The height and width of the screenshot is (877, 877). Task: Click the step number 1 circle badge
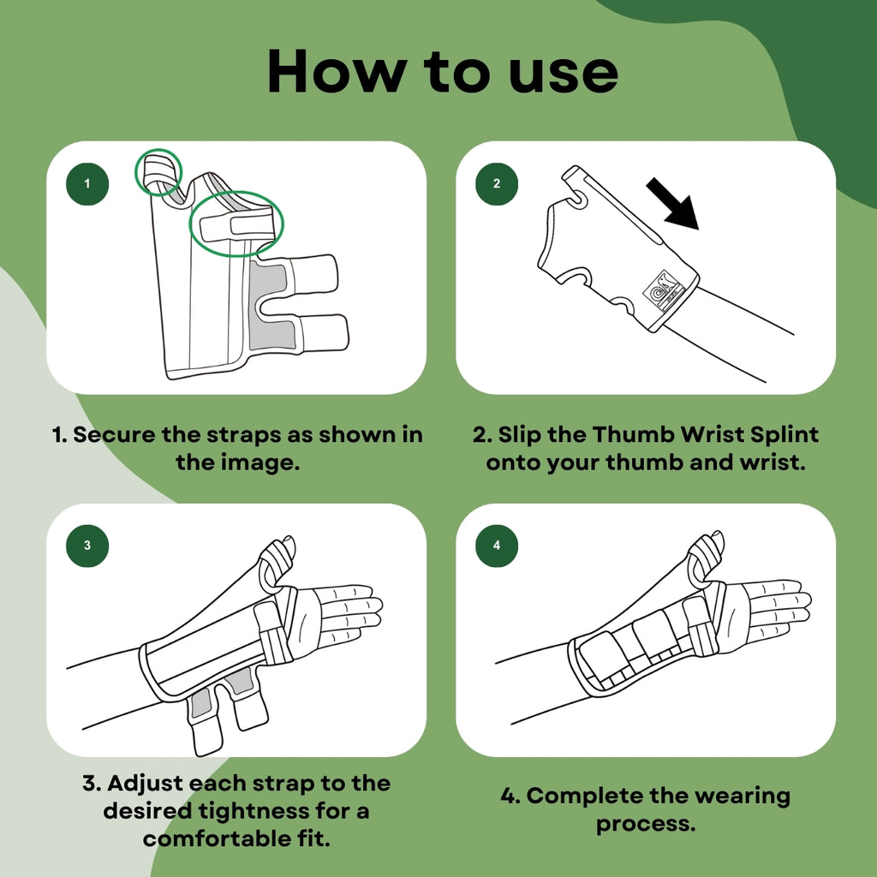point(87,183)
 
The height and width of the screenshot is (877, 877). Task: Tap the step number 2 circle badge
point(497,183)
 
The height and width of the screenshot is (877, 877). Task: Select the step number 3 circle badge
point(87,546)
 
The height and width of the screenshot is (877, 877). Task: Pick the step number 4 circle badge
point(497,546)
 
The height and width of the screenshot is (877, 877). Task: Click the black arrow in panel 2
point(674,204)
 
